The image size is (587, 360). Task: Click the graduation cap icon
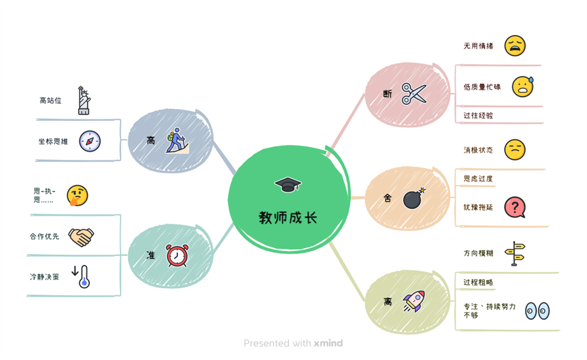[x=288, y=185]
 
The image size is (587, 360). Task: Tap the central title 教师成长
[x=288, y=217]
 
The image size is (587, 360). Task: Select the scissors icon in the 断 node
[x=414, y=93]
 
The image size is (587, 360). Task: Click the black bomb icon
[x=414, y=198]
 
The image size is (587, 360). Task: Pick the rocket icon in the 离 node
[x=414, y=302]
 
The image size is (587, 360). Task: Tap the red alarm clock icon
[x=177, y=256]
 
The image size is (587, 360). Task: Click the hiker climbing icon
[x=177, y=140]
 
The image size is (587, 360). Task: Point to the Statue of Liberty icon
[x=84, y=100]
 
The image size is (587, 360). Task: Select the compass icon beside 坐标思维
[x=90, y=141]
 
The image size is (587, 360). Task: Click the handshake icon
[x=81, y=237]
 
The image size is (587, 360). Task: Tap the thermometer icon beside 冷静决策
[x=81, y=276]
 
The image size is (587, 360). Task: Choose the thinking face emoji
[x=77, y=195]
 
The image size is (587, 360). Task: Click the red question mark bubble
[x=515, y=208]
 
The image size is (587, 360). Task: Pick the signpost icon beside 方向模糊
[x=515, y=254]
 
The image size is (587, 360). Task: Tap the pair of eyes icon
[x=538, y=311]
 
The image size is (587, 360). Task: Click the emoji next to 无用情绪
[x=515, y=46]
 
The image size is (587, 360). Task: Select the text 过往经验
[x=479, y=116]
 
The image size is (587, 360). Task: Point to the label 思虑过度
[x=479, y=178]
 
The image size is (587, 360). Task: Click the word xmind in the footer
[x=328, y=343]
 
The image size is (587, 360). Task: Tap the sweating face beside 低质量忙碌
[x=523, y=87]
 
